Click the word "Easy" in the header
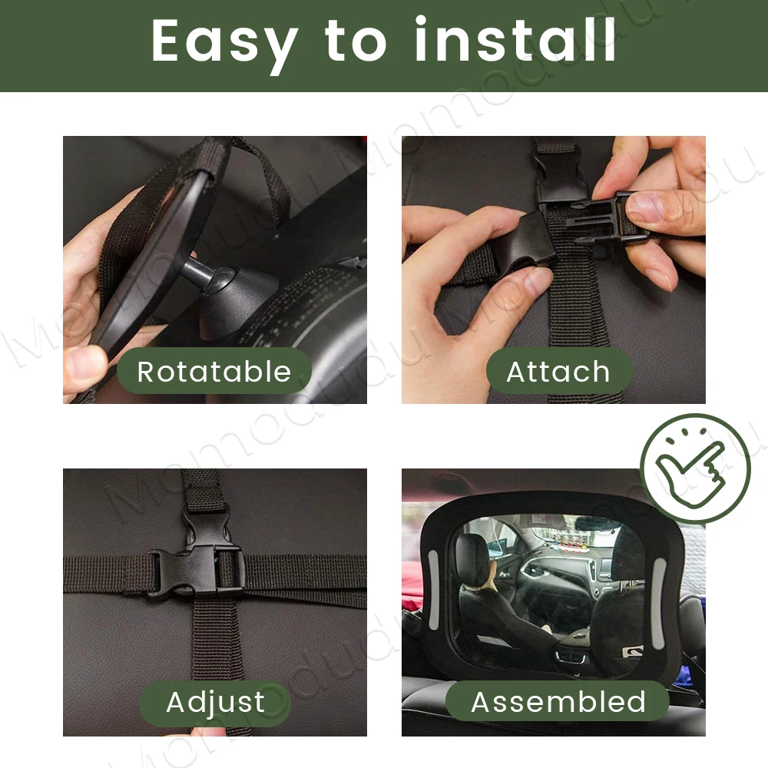[x=223, y=42]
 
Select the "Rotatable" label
[x=214, y=372]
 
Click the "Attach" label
[x=558, y=372]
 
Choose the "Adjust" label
[x=215, y=702]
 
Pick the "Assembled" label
[x=558, y=702]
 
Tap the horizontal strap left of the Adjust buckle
[x=108, y=572]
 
